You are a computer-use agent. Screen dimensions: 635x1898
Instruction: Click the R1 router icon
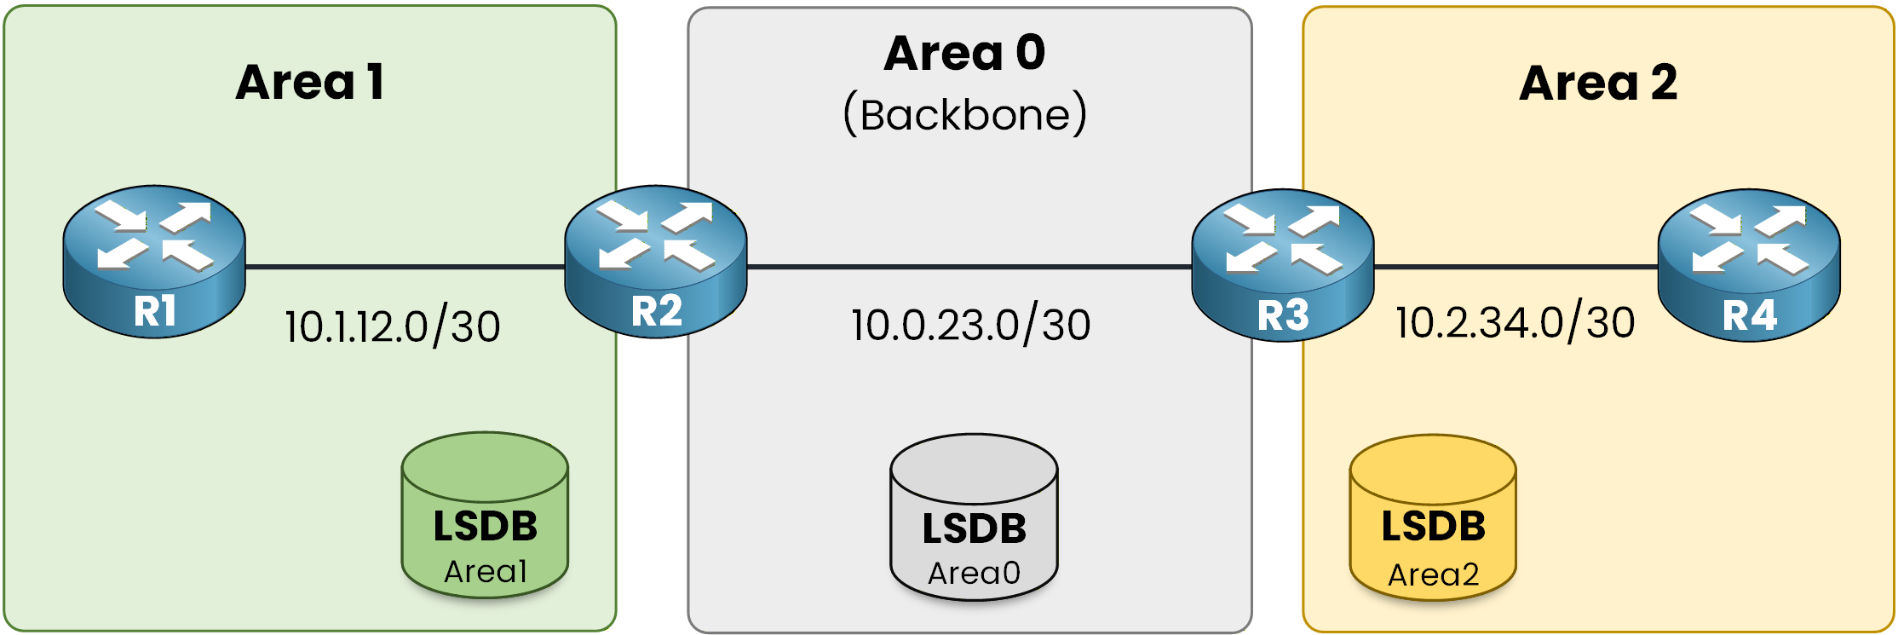(x=154, y=261)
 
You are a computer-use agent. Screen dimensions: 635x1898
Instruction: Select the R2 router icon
(x=656, y=261)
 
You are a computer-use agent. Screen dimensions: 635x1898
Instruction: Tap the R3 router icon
(x=1283, y=264)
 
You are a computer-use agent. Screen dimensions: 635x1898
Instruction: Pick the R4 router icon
(x=1749, y=264)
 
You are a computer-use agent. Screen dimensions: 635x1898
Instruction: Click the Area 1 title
(x=310, y=83)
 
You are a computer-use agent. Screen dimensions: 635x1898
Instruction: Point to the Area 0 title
(x=964, y=53)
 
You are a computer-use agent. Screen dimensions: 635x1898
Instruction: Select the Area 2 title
(x=1598, y=84)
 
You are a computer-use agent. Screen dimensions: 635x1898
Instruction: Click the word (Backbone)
(x=965, y=115)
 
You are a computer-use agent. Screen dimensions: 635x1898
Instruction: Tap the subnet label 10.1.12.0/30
(x=393, y=326)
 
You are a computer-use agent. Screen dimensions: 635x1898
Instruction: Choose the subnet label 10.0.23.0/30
(x=971, y=325)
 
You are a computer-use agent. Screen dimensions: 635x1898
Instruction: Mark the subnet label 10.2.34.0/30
(x=1516, y=323)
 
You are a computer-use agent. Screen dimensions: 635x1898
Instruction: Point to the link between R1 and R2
(x=405, y=267)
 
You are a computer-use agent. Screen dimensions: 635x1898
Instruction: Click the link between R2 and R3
(x=969, y=267)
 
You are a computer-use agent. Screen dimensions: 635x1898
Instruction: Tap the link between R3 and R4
(x=1516, y=267)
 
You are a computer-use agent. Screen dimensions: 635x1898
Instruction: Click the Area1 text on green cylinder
(x=486, y=571)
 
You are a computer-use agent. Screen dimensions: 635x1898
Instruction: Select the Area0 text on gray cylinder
(x=974, y=574)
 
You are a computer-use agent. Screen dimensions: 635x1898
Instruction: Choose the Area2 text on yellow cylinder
(x=1433, y=575)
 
